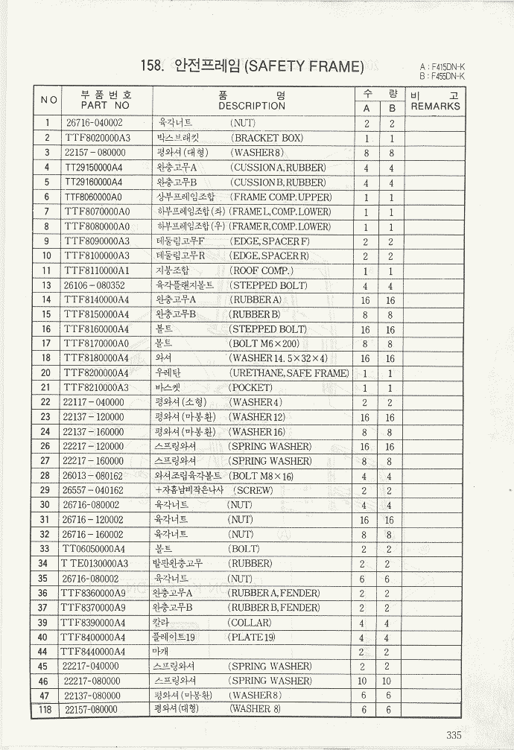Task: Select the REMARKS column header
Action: tap(436, 106)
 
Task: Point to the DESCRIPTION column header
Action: tap(252, 106)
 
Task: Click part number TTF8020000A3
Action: tap(97, 138)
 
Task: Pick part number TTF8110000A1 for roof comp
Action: tap(97, 270)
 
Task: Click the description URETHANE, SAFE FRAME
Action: tap(289, 373)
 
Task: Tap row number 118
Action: tap(46, 710)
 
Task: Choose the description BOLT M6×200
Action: tap(264, 343)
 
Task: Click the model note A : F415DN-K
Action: tap(442, 67)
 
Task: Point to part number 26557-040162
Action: tap(94, 490)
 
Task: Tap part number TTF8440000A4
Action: tap(94, 652)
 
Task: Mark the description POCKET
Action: tap(251, 387)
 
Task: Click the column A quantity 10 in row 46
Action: tap(363, 681)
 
